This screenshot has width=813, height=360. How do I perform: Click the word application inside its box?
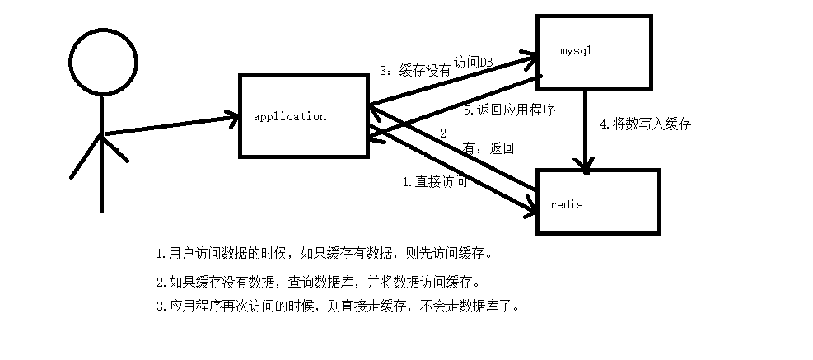[290, 117]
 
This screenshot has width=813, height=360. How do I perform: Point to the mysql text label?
[577, 51]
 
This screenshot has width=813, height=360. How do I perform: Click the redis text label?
[566, 204]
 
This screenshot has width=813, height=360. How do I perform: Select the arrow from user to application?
[169, 125]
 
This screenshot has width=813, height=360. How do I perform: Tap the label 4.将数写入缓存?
[645, 124]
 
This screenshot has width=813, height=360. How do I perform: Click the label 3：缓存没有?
[415, 72]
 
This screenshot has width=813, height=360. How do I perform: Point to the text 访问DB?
[473, 62]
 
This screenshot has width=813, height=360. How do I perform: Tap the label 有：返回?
[489, 149]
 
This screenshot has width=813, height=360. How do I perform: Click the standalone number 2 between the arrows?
[442, 133]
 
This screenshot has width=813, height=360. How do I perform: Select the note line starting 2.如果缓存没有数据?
[317, 282]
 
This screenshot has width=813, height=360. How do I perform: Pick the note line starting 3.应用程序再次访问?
[338, 306]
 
